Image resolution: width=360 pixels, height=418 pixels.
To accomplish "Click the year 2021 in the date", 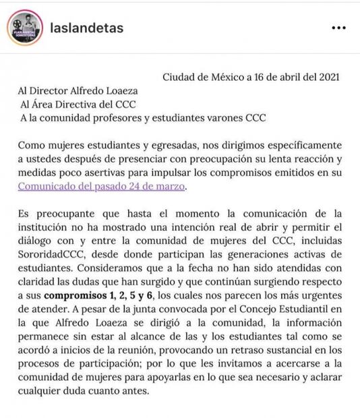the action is tap(328, 77).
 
